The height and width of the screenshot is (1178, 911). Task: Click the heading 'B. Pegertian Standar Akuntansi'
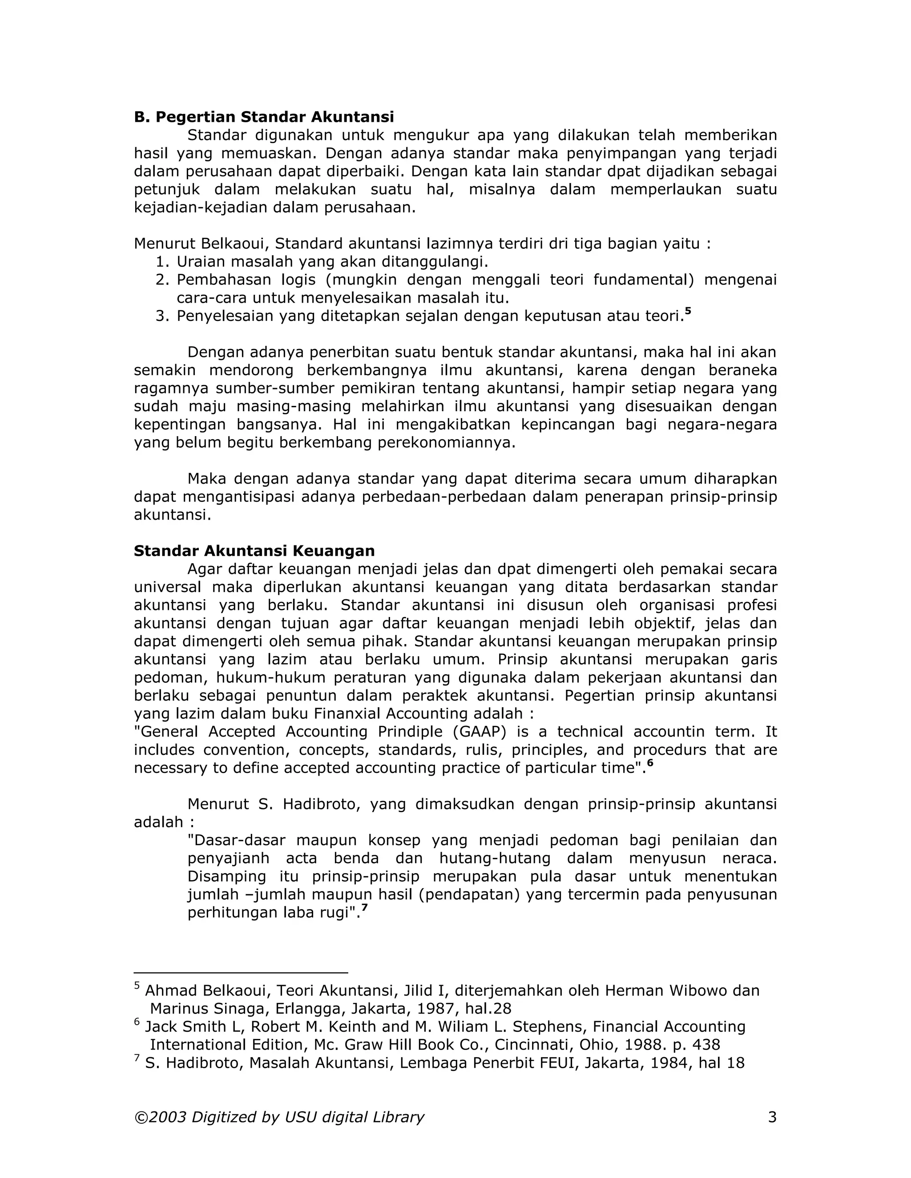click(x=263, y=117)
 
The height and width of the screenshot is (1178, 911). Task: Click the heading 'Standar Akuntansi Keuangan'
click(x=254, y=551)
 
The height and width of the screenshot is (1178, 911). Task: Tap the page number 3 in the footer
click(x=772, y=1117)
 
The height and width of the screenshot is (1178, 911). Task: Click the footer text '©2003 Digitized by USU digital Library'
click(x=279, y=1117)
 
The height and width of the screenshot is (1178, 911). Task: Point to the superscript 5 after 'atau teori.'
click(x=688, y=311)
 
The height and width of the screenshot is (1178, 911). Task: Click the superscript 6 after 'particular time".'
click(x=650, y=763)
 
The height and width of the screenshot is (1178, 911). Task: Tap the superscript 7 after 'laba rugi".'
click(x=364, y=908)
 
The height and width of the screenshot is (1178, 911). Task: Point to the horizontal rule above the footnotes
click(x=241, y=973)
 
